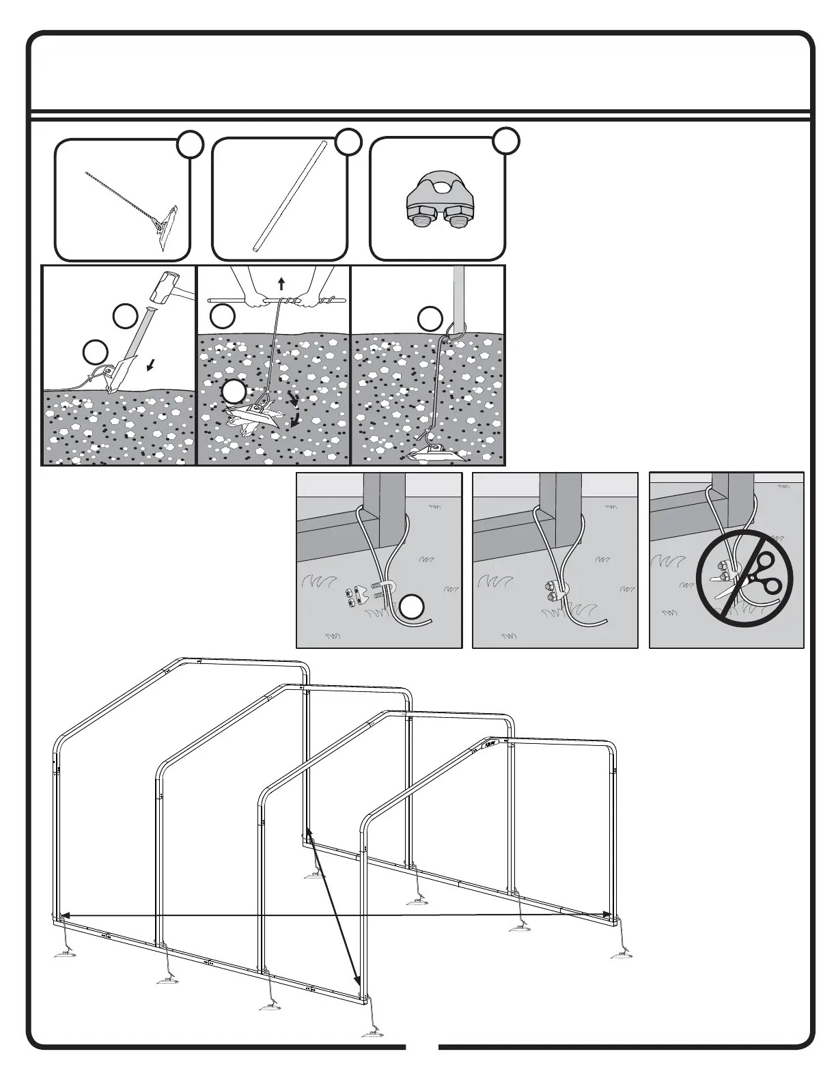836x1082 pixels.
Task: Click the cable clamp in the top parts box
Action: (437, 202)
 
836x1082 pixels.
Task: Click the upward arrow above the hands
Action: (281, 284)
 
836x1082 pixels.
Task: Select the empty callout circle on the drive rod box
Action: (348, 141)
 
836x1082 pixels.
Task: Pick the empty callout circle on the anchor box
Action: (191, 145)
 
